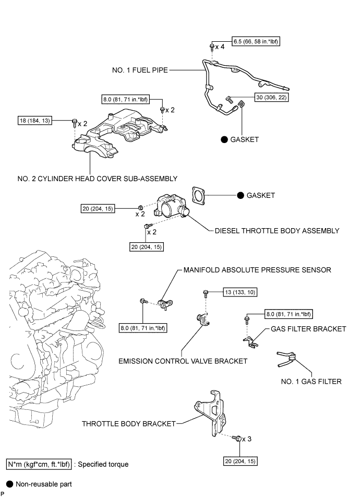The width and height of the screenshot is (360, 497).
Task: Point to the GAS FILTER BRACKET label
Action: coord(308,329)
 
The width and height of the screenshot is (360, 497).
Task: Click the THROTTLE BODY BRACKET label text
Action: coord(128,423)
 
